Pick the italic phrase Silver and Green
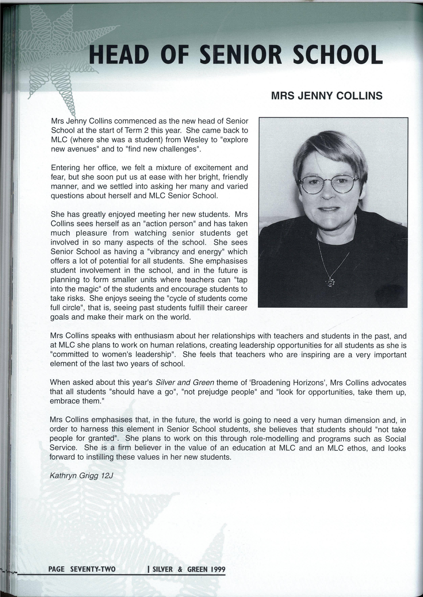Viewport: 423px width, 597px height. [185, 382]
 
